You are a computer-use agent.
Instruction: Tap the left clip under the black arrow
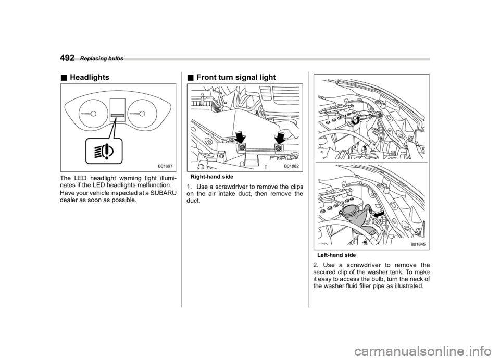point(242,149)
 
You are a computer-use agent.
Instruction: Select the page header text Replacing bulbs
point(102,59)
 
